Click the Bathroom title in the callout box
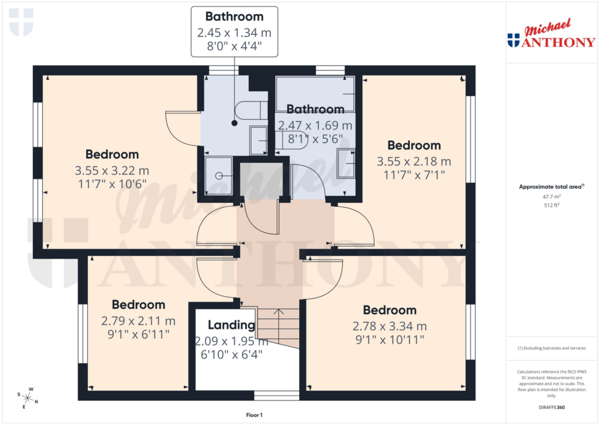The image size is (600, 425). [x=234, y=16]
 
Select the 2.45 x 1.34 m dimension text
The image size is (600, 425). [x=234, y=32]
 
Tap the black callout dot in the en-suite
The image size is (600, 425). [x=234, y=123]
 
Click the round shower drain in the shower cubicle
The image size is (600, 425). [x=219, y=175]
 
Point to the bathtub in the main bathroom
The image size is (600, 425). [x=316, y=94]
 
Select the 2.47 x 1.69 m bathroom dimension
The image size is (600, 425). [x=315, y=125]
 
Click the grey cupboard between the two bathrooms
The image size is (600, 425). [x=261, y=179]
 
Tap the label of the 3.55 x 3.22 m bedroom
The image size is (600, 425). [x=112, y=155]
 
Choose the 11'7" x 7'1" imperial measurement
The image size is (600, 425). [x=414, y=175]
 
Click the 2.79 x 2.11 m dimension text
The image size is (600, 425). [x=138, y=321]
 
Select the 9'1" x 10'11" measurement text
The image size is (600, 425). [x=389, y=339]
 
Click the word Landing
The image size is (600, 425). [x=231, y=325]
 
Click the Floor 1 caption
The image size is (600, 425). [x=254, y=415]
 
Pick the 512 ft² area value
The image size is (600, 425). [x=552, y=206]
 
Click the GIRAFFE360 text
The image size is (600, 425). [x=552, y=407]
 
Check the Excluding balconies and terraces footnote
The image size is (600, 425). [x=552, y=348]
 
